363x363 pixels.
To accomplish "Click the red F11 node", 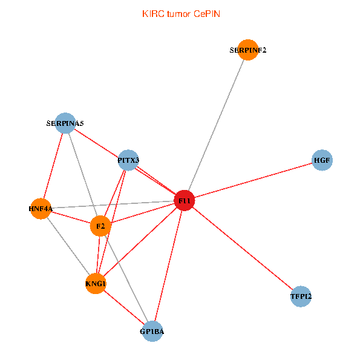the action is pyautogui.click(x=185, y=200).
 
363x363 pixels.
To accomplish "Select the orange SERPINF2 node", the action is pyautogui.click(x=248, y=50).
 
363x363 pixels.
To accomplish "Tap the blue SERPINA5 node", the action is pyautogui.click(x=65, y=123).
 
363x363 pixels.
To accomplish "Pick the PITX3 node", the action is pyautogui.click(x=128, y=160).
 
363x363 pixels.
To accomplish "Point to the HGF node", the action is pyautogui.click(x=322, y=160).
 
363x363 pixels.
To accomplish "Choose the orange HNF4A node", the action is pyautogui.click(x=41, y=209).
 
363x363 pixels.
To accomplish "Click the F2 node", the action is pyautogui.click(x=100, y=227).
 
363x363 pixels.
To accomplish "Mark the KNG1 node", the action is pyautogui.click(x=96, y=284).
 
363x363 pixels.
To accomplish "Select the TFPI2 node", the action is pyautogui.click(x=301, y=296).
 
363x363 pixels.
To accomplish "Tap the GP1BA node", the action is pyautogui.click(x=152, y=332).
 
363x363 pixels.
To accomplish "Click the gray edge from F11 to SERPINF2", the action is pyautogui.click(x=217, y=125).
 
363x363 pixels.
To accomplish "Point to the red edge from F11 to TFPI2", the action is pyautogui.click(x=243, y=249).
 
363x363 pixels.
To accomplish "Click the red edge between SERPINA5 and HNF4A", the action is pyautogui.click(x=53, y=166).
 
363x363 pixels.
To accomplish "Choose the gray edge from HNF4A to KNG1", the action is pyautogui.click(x=68, y=246).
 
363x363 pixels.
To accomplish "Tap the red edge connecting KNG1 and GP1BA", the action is pyautogui.click(x=124, y=308).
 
